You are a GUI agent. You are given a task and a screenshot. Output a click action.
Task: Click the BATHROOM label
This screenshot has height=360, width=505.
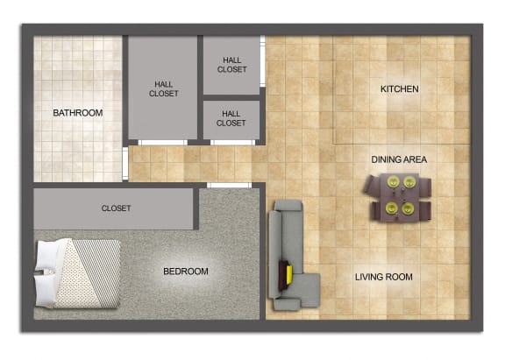click(x=78, y=113)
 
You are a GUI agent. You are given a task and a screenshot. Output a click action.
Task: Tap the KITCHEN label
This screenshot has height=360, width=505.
click(x=400, y=88)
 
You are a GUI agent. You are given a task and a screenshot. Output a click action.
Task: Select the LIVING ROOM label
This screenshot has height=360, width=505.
click(x=384, y=277)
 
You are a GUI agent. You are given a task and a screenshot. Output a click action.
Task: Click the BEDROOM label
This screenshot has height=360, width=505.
click(x=186, y=272)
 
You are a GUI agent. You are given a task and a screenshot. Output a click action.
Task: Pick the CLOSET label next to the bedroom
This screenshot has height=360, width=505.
click(x=116, y=208)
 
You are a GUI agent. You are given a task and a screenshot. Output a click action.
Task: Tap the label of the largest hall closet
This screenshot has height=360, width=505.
click(x=163, y=88)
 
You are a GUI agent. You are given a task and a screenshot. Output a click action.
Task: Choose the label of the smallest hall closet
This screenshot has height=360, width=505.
click(x=231, y=118)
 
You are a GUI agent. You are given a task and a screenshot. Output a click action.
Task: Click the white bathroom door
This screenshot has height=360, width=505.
click(x=125, y=164)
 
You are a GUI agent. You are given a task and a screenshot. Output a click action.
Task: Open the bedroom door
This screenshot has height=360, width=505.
click(x=229, y=185)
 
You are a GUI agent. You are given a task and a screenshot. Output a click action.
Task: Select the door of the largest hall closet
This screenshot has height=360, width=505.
click(x=163, y=143)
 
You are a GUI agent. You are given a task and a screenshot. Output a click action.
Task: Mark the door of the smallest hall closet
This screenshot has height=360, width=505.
click(x=232, y=143)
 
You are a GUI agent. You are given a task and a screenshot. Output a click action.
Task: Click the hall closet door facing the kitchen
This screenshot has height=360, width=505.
click(x=262, y=61)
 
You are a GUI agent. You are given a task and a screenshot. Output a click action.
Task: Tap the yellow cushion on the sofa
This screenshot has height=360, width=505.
click(x=289, y=274)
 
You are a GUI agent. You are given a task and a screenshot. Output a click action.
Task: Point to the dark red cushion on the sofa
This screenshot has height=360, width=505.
click(x=282, y=276)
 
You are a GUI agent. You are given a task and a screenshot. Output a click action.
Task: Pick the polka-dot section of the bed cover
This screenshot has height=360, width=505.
click(x=75, y=277)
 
